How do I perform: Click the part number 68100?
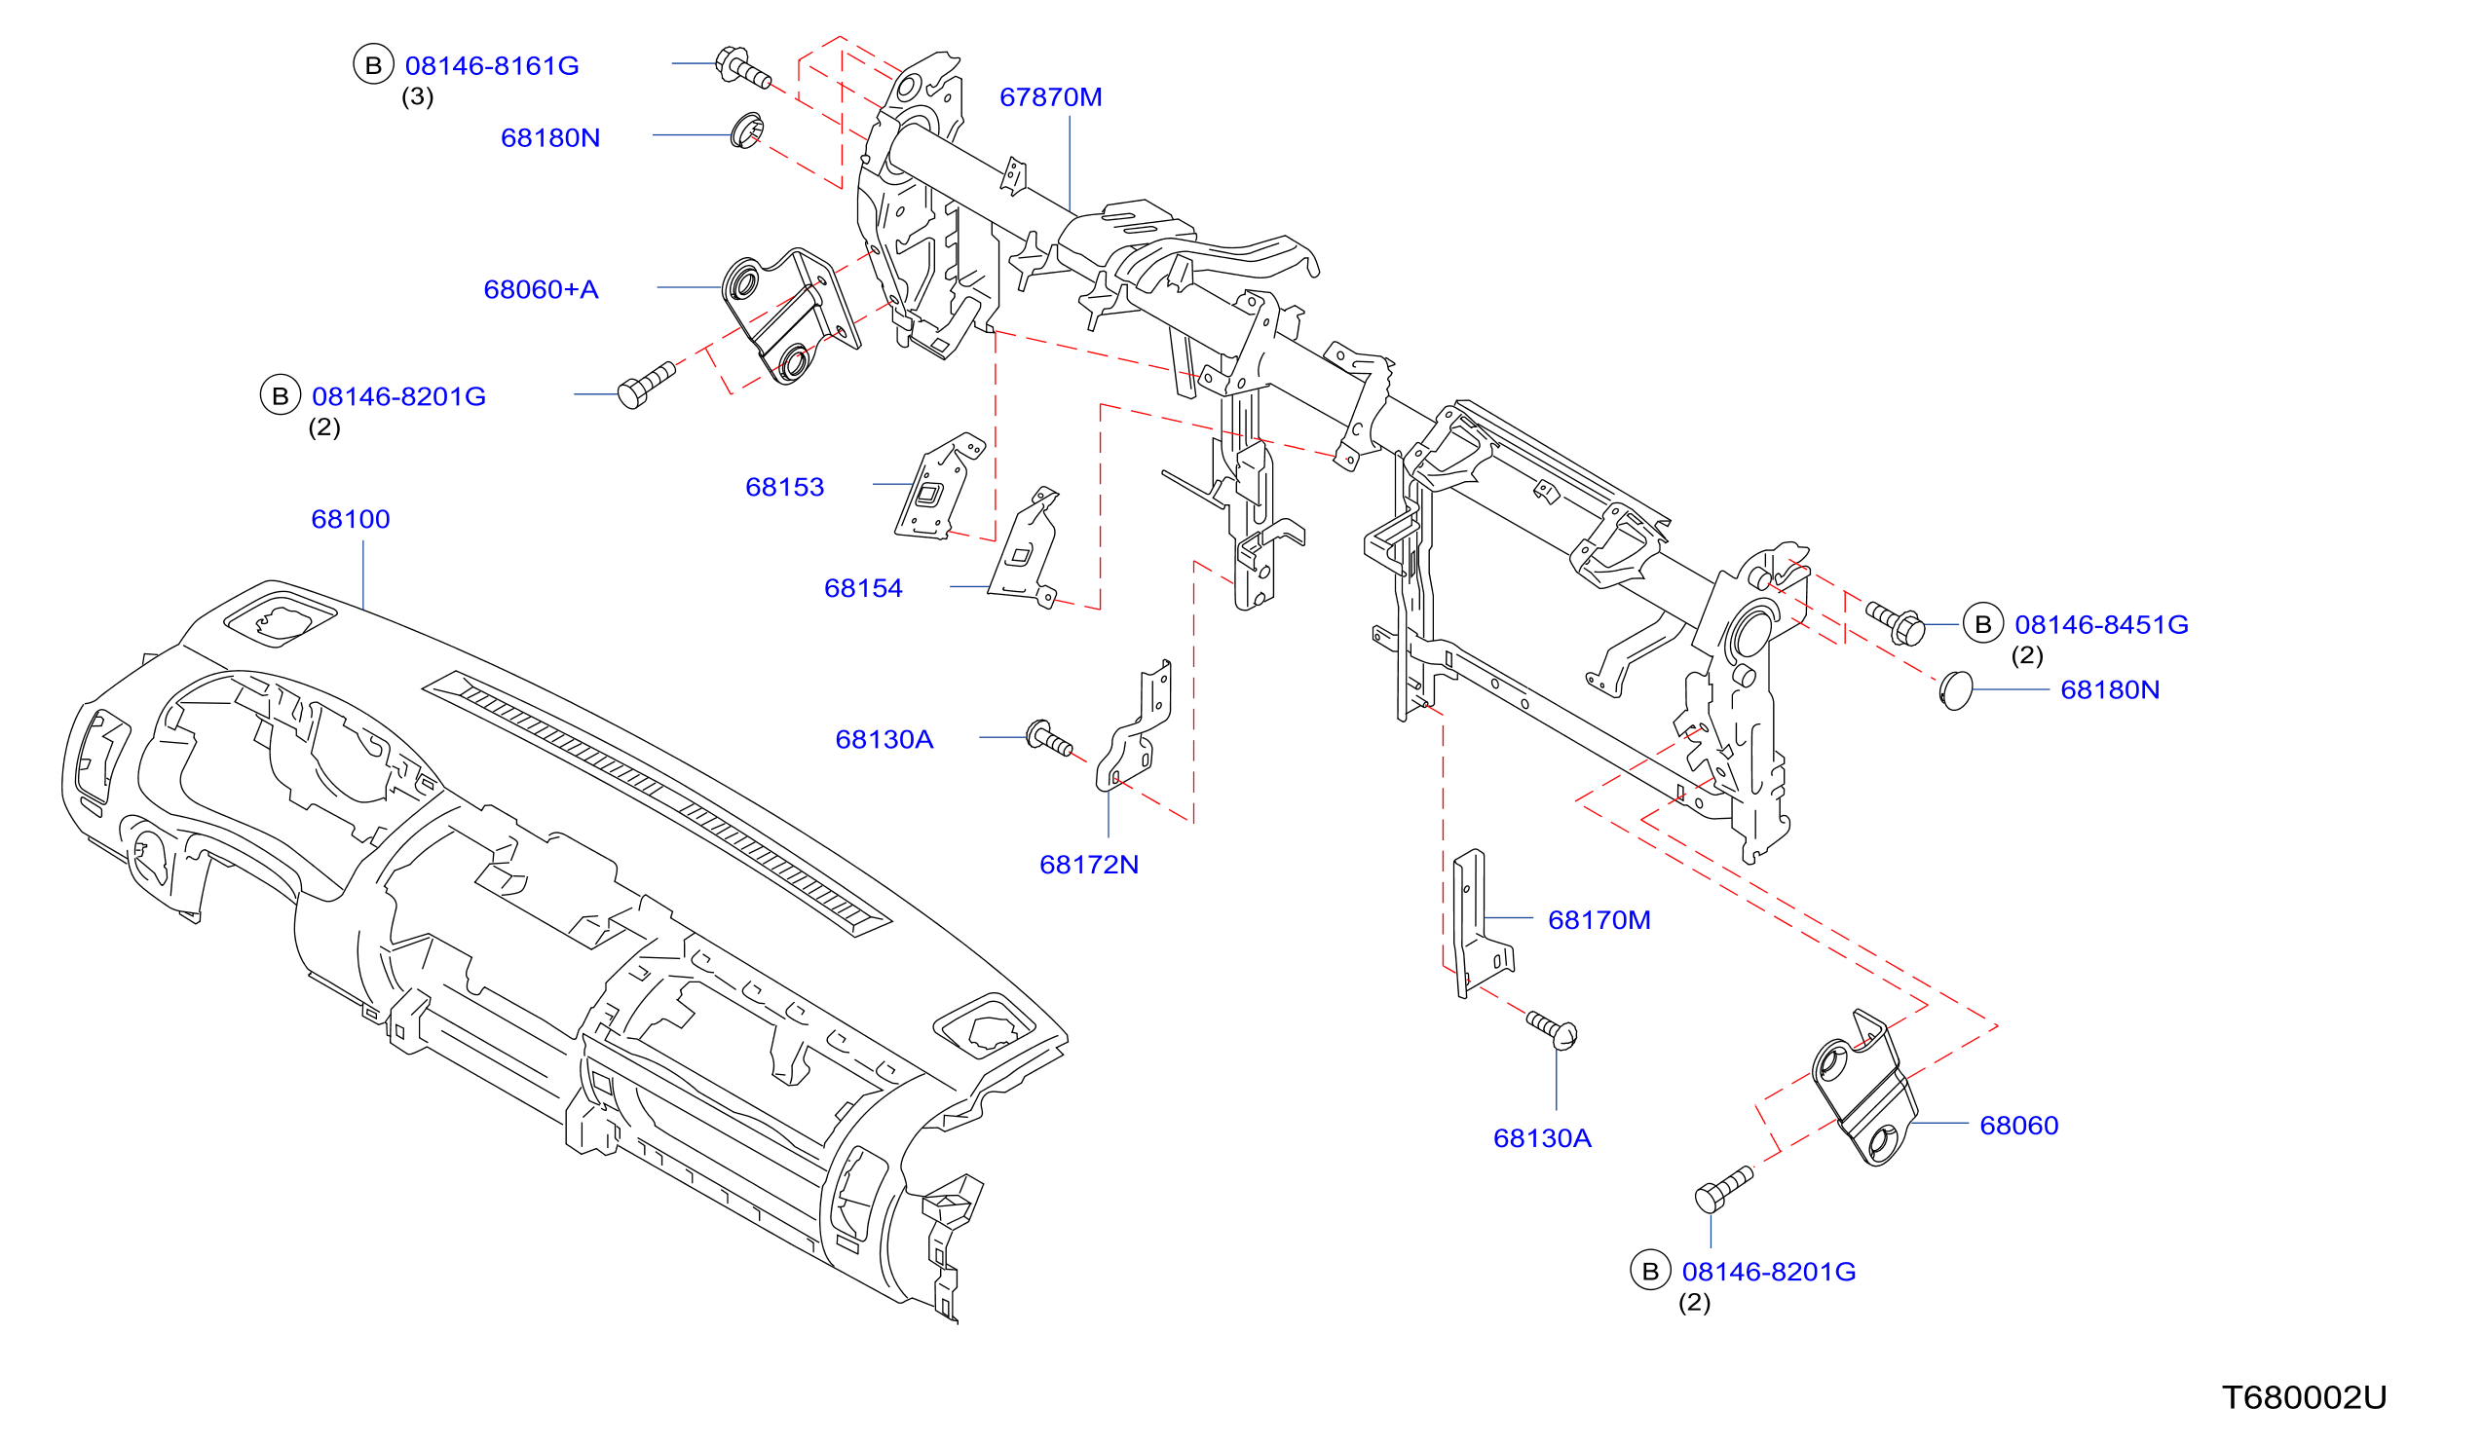(x=351, y=519)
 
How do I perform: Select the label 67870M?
(x=1050, y=97)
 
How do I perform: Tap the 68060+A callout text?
(x=541, y=289)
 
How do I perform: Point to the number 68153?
(x=784, y=487)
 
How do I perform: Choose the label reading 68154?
(x=863, y=588)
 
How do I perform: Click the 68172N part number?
(x=1089, y=865)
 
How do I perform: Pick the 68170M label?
(x=1599, y=920)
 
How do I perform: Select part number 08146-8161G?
(x=492, y=66)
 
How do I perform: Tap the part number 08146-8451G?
(x=2102, y=624)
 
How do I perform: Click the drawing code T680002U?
(x=2305, y=1397)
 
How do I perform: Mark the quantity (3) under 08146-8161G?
(x=418, y=96)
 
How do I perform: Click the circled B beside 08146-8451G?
(x=1983, y=623)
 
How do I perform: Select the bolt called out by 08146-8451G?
(x=1895, y=622)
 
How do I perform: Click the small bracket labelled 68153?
(x=938, y=487)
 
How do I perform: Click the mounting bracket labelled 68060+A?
(x=790, y=315)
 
